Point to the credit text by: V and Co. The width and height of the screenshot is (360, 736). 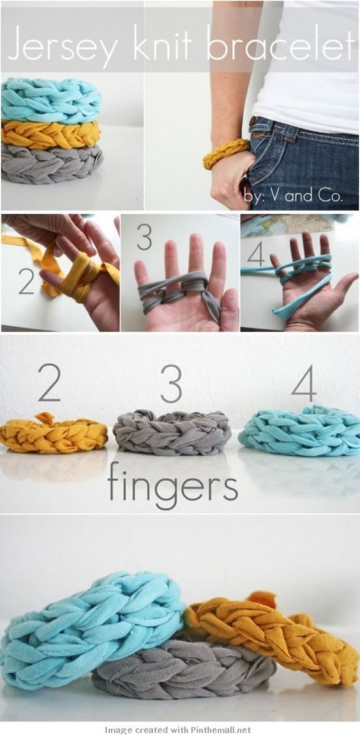click(294, 195)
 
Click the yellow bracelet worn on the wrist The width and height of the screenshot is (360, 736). click(227, 153)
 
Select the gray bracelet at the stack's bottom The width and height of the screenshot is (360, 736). click(52, 163)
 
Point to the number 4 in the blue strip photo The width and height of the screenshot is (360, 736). click(256, 254)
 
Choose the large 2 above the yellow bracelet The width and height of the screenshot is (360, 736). click(49, 382)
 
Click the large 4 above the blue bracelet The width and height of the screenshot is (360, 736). click(304, 382)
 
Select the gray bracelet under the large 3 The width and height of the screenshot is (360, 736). click(172, 432)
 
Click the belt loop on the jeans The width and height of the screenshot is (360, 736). click(289, 132)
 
